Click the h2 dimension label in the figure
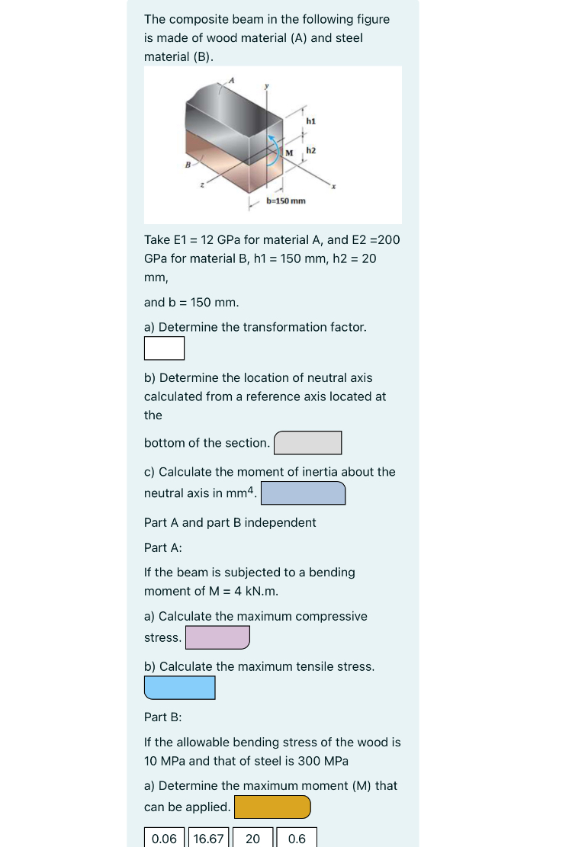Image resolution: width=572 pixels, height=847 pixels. pyautogui.click(x=310, y=152)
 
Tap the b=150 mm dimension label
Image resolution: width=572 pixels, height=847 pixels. pyautogui.click(x=286, y=201)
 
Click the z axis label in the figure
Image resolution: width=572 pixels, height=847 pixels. pyautogui.click(x=202, y=184)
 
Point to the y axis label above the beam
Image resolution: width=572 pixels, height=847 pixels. pyautogui.click(x=266, y=86)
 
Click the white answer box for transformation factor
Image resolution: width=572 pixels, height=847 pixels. pyautogui.click(x=164, y=348)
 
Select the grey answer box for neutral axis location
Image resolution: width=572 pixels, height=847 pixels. pyautogui.click(x=307, y=443)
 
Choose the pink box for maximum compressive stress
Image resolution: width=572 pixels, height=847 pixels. pyautogui.click(x=217, y=637)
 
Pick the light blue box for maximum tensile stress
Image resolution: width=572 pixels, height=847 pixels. pyautogui.click(x=179, y=688)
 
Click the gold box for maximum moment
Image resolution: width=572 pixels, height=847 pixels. pyautogui.click(x=272, y=807)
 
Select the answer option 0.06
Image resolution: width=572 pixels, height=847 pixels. pyautogui.click(x=164, y=839)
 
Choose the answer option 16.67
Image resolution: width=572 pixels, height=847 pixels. pyautogui.click(x=208, y=839)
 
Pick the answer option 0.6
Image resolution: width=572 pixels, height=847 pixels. pyautogui.click(x=297, y=839)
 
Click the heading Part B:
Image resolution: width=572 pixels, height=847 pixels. pyautogui.click(x=163, y=717)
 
